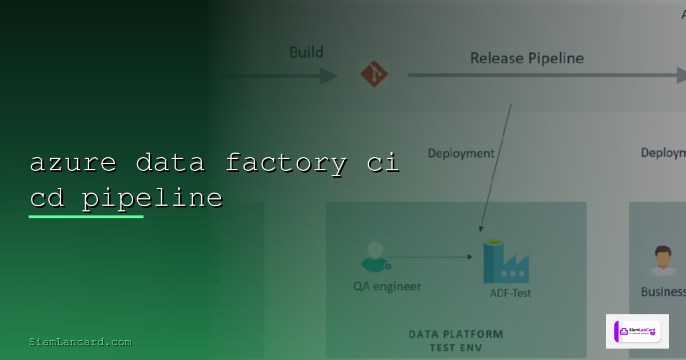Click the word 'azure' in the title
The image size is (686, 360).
[x=73, y=163]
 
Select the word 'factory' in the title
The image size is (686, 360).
[x=286, y=163]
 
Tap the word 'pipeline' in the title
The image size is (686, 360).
[x=152, y=198]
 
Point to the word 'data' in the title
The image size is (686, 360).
[x=170, y=163]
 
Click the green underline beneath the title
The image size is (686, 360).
[x=86, y=217]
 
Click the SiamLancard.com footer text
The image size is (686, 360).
[x=80, y=342]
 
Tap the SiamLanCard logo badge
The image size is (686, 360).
[x=637, y=331]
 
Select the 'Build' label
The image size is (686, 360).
[x=306, y=53]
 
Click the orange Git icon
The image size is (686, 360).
[x=374, y=74]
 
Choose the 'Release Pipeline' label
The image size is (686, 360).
[x=527, y=58]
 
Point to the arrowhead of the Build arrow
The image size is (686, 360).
[x=329, y=75]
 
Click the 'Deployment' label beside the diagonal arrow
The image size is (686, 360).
[x=461, y=153]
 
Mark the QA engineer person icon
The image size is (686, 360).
[x=375, y=257]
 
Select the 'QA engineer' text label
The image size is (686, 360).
[x=387, y=286]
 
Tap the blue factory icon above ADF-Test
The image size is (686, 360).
[x=505, y=262]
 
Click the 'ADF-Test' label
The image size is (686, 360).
[x=510, y=293]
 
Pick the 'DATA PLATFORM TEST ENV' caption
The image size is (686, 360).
[x=456, y=341]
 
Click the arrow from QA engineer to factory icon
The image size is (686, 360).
[x=429, y=257]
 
